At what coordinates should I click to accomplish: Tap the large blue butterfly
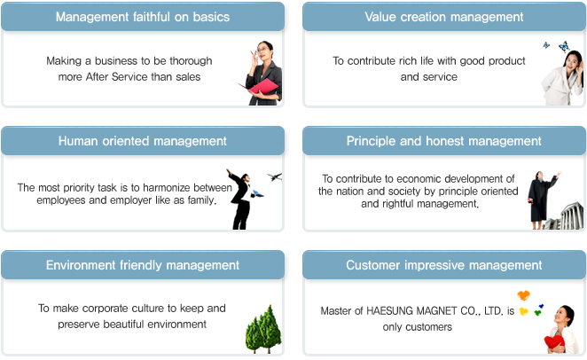pyautogui.click(x=564, y=46)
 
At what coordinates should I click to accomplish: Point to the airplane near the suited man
pyautogui.click(x=274, y=176)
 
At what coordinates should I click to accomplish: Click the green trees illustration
pyautogui.click(x=263, y=329)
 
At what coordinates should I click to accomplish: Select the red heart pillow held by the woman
pyautogui.click(x=554, y=342)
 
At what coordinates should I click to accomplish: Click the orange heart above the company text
pyautogui.click(x=524, y=295)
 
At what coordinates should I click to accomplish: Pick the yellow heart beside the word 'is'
pyautogui.click(x=524, y=311)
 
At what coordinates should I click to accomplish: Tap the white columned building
pyautogui.click(x=572, y=216)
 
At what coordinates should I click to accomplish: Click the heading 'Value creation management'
pyautogui.click(x=444, y=17)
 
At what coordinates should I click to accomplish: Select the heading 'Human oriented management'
pyautogui.click(x=142, y=141)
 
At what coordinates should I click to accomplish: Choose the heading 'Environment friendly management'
pyautogui.click(x=142, y=265)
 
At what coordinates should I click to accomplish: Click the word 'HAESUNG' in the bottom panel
pyautogui.click(x=390, y=311)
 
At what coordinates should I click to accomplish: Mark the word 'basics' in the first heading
pyautogui.click(x=211, y=17)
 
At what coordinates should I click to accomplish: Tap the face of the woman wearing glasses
pyautogui.click(x=262, y=51)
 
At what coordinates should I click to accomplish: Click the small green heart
pyautogui.click(x=537, y=312)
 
